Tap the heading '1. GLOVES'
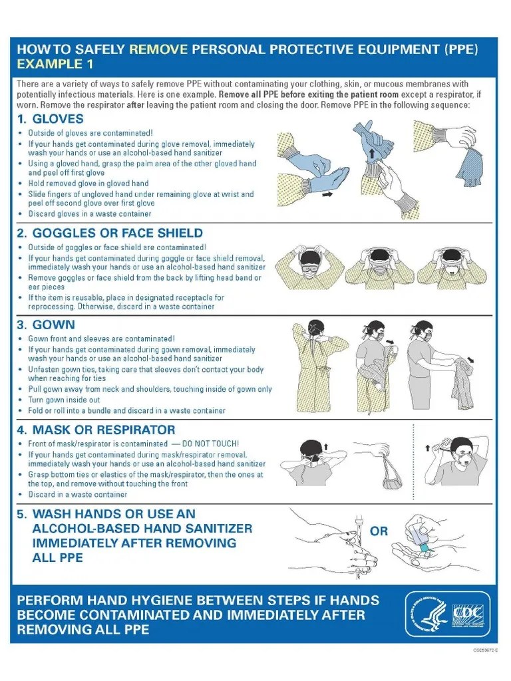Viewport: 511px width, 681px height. click(x=51, y=119)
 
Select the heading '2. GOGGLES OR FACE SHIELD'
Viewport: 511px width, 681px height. click(x=110, y=233)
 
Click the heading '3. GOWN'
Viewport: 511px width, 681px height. click(x=46, y=325)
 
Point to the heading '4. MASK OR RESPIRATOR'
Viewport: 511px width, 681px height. click(x=96, y=430)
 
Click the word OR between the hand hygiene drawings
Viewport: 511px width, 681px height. click(x=379, y=531)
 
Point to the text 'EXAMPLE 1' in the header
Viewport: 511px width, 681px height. click(x=55, y=65)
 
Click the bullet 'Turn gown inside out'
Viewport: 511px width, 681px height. click(x=64, y=400)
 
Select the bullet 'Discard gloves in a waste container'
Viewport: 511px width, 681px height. click(x=90, y=214)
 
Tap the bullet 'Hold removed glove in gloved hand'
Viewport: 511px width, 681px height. click(x=88, y=183)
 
